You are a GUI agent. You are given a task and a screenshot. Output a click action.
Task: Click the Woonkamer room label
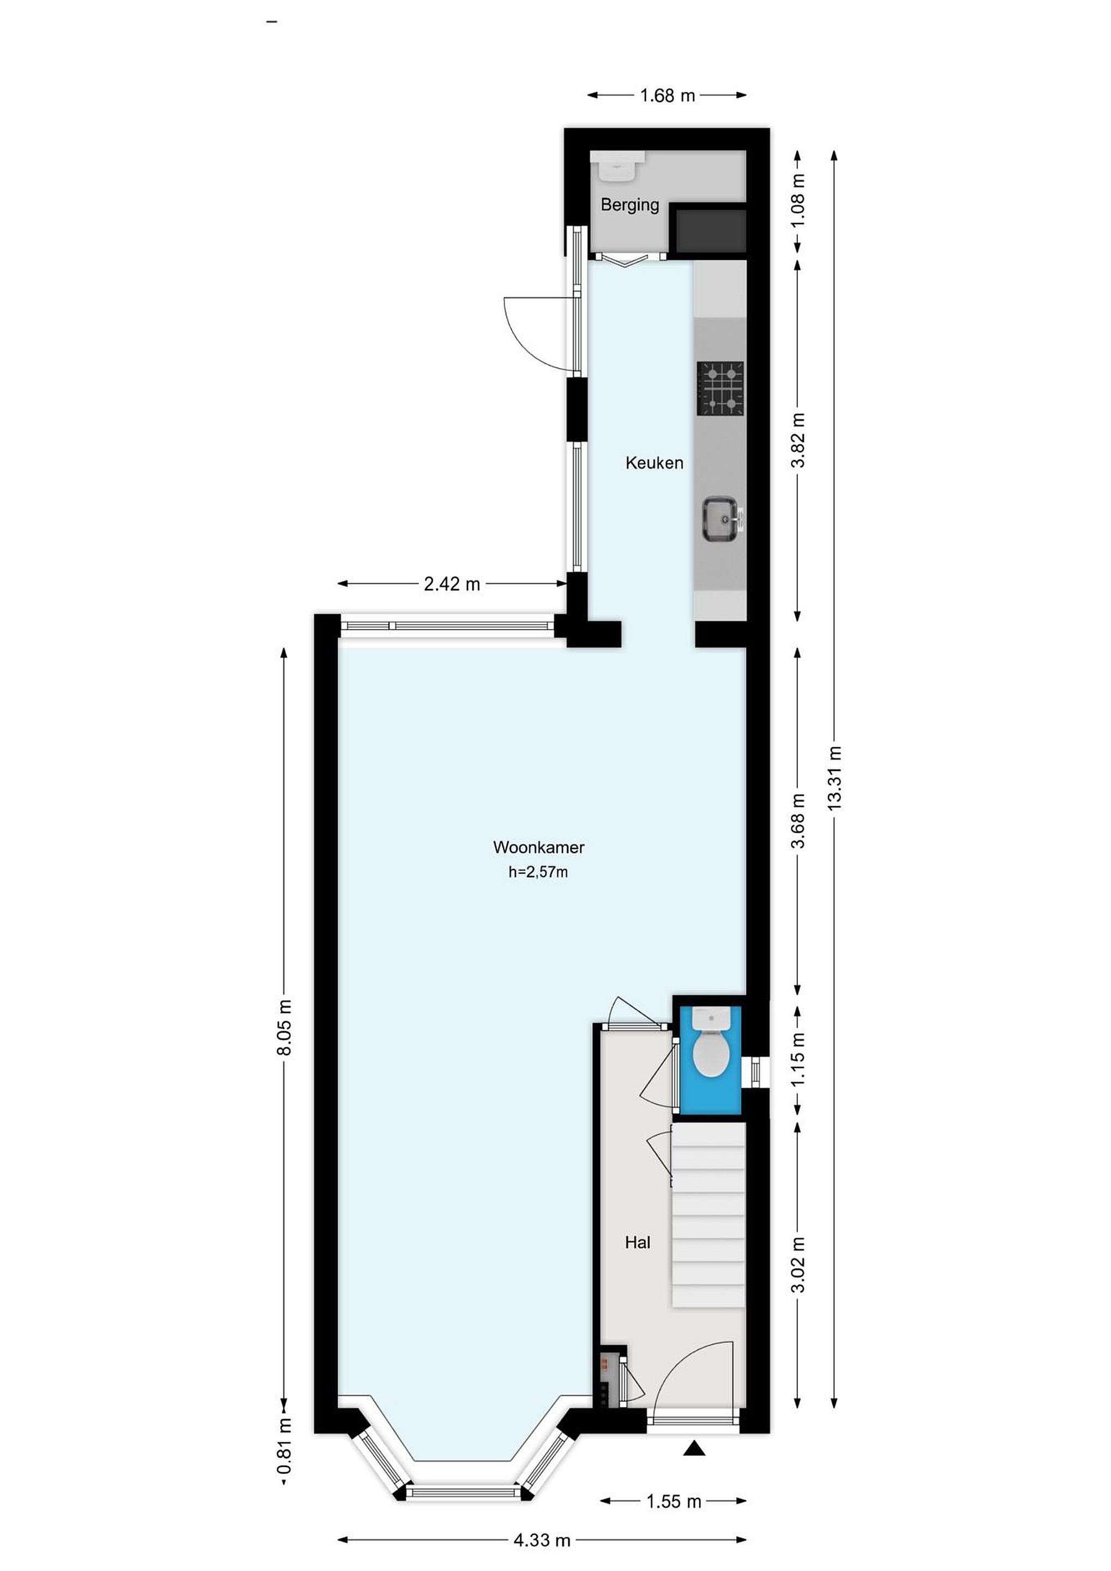pyautogui.click(x=538, y=847)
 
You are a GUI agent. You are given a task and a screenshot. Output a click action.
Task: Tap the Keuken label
pyautogui.click(x=654, y=463)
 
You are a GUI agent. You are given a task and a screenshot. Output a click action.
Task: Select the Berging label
pyautogui.click(x=629, y=205)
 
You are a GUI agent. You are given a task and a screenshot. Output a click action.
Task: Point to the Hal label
pyautogui.click(x=638, y=1242)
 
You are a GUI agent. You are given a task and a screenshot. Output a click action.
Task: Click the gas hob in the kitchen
pyautogui.click(x=720, y=388)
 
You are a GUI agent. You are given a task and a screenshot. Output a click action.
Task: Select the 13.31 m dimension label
pyautogui.click(x=834, y=778)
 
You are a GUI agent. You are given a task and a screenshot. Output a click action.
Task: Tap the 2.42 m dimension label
pyautogui.click(x=452, y=584)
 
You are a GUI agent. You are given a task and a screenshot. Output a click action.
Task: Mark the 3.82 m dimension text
pyautogui.click(x=798, y=440)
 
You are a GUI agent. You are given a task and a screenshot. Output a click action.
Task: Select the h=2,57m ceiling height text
pyautogui.click(x=538, y=872)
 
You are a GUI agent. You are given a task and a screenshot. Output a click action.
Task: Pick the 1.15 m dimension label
pyautogui.click(x=798, y=1058)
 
